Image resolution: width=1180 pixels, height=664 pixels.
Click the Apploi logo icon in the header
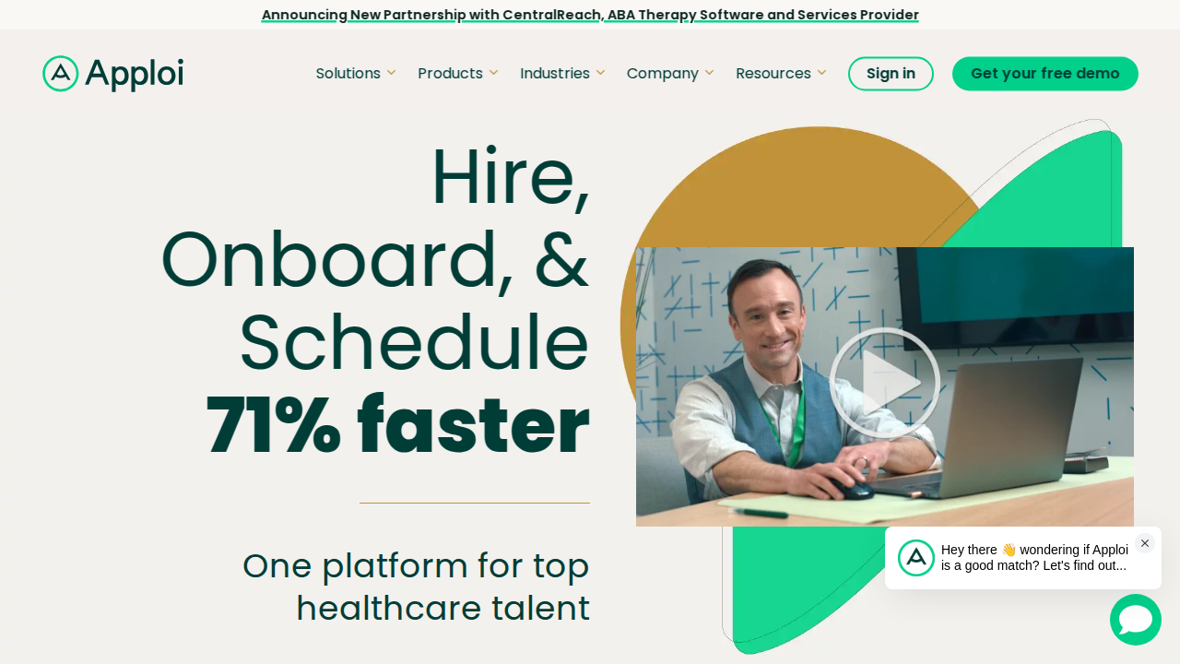pyautogui.click(x=61, y=73)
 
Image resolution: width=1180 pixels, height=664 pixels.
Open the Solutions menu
pyautogui.click(x=356, y=73)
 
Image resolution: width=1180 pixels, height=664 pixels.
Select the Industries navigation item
pyautogui.click(x=562, y=73)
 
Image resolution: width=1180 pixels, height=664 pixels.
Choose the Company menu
pyautogui.click(x=670, y=73)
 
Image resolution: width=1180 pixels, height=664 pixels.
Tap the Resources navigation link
pyautogui.click(x=781, y=73)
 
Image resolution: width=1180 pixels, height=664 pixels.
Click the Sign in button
pyautogui.click(x=891, y=73)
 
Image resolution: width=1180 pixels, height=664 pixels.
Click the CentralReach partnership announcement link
pyautogui.click(x=590, y=15)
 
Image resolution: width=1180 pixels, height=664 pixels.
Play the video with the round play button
pyautogui.click(x=884, y=383)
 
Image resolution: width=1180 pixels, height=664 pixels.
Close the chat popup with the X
pyautogui.click(x=1145, y=543)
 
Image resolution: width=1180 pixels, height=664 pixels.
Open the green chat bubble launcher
pyautogui.click(x=1135, y=620)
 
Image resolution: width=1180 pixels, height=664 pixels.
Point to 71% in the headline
pyautogui.click(x=274, y=424)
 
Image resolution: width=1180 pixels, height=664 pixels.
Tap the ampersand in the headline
pyautogui.click(x=561, y=259)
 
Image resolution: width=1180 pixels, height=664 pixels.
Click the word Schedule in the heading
pyautogui.click(x=414, y=342)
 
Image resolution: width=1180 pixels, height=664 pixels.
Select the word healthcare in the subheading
pyautogui.click(x=389, y=608)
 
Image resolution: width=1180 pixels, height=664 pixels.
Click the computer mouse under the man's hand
pyautogui.click(x=855, y=488)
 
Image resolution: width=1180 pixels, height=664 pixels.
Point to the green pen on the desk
pyautogui.click(x=761, y=512)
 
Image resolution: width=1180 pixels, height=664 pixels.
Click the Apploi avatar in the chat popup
pyautogui.click(x=916, y=558)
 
